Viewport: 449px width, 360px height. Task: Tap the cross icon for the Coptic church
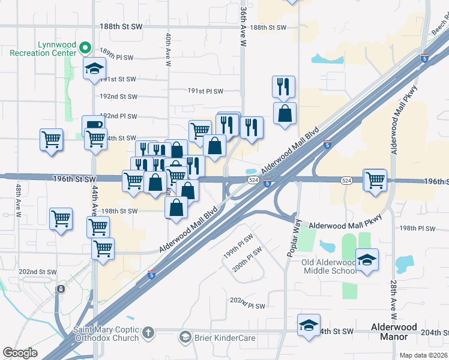(x=148, y=332)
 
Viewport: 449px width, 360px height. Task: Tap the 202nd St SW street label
(x=37, y=272)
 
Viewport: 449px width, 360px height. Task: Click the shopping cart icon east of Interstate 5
(x=375, y=179)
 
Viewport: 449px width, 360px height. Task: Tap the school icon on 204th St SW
(x=309, y=326)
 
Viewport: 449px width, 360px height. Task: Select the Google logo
(x=20, y=353)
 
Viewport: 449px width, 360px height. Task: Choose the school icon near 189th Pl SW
(x=94, y=68)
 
